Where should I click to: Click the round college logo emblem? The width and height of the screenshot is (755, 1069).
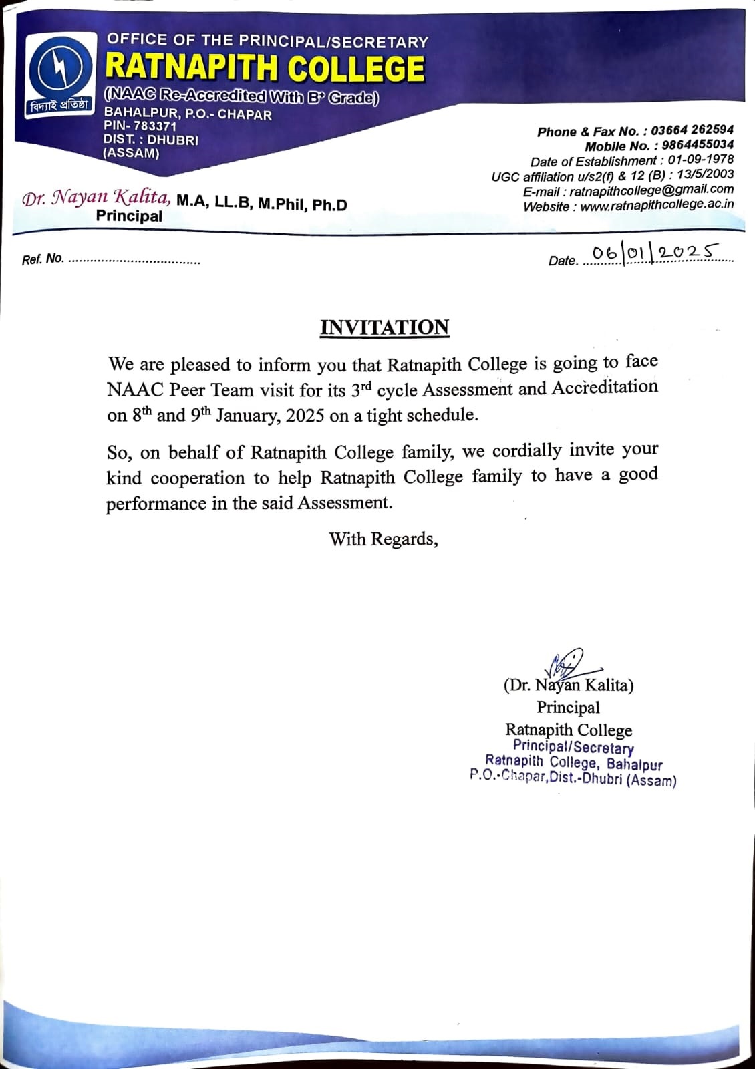tap(58, 70)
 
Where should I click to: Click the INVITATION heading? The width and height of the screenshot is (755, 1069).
tap(384, 327)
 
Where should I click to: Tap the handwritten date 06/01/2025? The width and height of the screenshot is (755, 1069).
tap(653, 253)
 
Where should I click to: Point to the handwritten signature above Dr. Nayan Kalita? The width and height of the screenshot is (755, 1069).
tap(565, 663)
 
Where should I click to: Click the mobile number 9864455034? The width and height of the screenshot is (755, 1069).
tap(698, 145)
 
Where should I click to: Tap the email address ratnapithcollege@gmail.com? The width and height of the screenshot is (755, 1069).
tap(651, 190)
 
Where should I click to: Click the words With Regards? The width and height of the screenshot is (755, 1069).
tap(384, 539)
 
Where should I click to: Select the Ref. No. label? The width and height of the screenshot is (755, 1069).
tap(43, 259)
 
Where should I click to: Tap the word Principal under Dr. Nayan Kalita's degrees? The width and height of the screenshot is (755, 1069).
tap(129, 216)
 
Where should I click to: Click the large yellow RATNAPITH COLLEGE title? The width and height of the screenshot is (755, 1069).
tap(265, 67)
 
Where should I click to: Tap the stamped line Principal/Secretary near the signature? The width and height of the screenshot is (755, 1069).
tap(573, 748)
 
